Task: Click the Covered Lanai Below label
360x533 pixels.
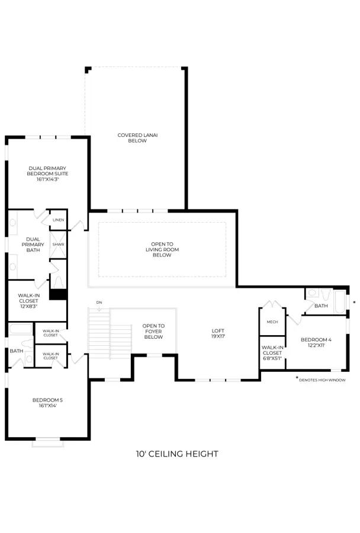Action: (x=137, y=137)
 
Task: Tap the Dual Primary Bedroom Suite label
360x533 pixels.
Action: (x=47, y=174)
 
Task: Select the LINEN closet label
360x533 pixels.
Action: (x=59, y=220)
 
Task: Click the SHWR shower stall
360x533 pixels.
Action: (x=58, y=245)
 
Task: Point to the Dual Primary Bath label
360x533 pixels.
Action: (x=33, y=245)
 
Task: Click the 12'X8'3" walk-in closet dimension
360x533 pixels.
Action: (x=28, y=306)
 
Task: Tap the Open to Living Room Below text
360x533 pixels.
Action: (x=162, y=249)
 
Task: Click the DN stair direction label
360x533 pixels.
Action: (x=99, y=302)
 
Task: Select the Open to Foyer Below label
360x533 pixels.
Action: (x=153, y=332)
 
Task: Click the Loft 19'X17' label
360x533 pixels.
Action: (x=218, y=333)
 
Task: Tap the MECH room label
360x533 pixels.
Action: (x=272, y=322)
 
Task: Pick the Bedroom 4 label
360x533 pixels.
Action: (x=316, y=339)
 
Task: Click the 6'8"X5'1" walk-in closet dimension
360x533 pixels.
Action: (x=272, y=358)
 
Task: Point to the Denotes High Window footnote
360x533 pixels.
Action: (x=322, y=380)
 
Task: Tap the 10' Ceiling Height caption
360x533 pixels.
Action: (x=177, y=454)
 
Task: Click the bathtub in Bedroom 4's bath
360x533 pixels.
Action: (x=340, y=301)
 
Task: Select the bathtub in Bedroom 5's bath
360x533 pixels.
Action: (x=20, y=329)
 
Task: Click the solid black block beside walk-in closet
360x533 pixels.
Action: (x=58, y=294)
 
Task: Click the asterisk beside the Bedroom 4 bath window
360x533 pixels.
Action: (x=355, y=302)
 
